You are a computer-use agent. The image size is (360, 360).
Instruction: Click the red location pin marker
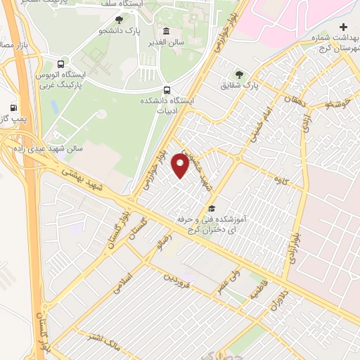[181, 167]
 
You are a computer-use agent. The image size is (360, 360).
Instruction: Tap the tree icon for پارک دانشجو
[118, 19]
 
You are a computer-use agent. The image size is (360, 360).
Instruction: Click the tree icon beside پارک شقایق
[240, 74]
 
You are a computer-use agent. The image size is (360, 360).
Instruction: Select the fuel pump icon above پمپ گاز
[14, 108]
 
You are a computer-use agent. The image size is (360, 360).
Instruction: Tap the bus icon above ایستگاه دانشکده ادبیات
[167, 90]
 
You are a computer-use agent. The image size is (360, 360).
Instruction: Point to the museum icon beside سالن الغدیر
[166, 32]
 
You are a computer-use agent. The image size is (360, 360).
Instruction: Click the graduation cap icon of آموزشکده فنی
[212, 208]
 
